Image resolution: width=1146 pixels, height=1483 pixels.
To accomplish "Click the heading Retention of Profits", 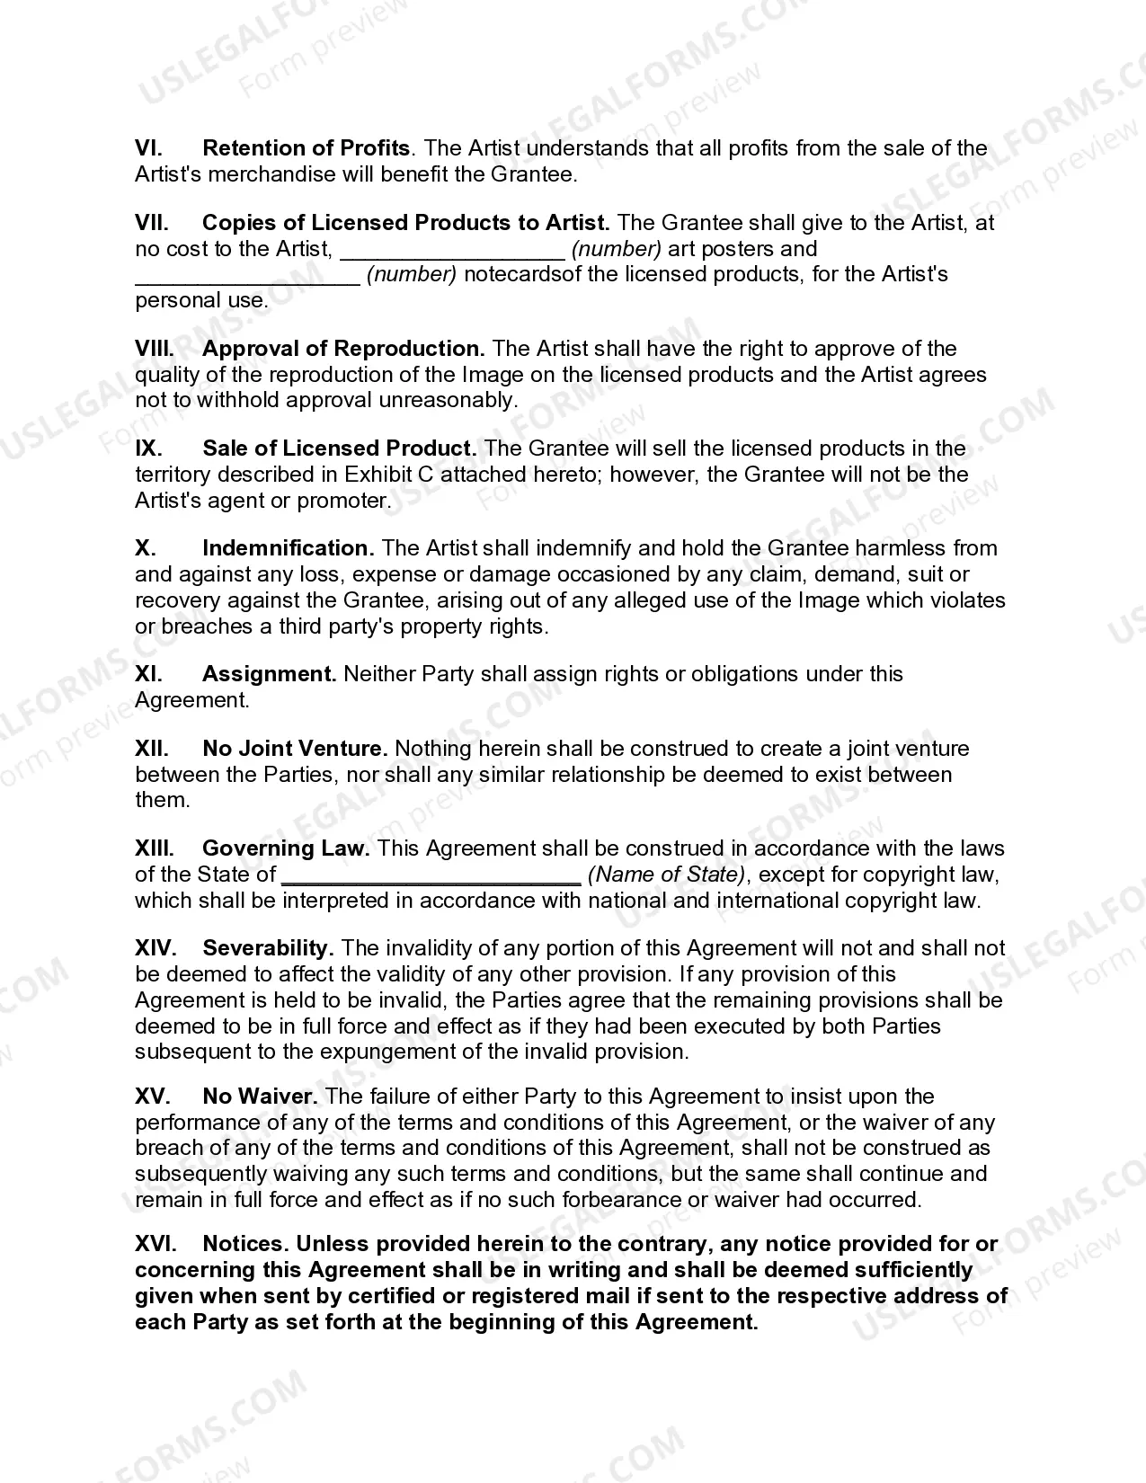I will (x=306, y=148).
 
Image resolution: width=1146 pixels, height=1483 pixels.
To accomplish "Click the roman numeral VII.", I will (x=152, y=223).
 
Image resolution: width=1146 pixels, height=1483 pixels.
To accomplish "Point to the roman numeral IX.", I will (x=148, y=448).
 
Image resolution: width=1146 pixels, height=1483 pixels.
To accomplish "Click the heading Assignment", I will (x=270, y=674).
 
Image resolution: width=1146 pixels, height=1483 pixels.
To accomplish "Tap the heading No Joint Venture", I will (x=295, y=749).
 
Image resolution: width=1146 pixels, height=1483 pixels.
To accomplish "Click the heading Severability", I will (x=268, y=948).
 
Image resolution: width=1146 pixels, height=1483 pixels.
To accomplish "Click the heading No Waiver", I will (x=260, y=1097).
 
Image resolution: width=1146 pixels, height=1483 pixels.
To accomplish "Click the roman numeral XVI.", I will (x=155, y=1244).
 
